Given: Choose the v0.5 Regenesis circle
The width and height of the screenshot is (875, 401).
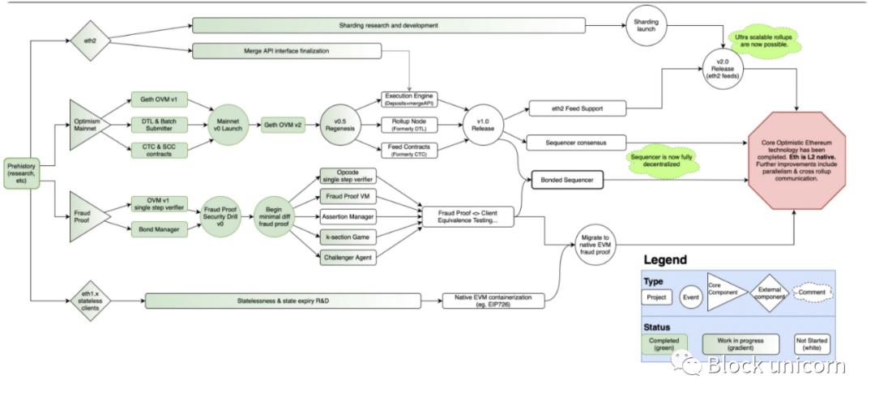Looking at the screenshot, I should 341,125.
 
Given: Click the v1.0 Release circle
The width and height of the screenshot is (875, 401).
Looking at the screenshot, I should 484,125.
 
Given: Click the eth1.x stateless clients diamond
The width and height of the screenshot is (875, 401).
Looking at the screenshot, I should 89,301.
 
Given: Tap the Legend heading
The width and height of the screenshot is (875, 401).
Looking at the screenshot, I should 666,261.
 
